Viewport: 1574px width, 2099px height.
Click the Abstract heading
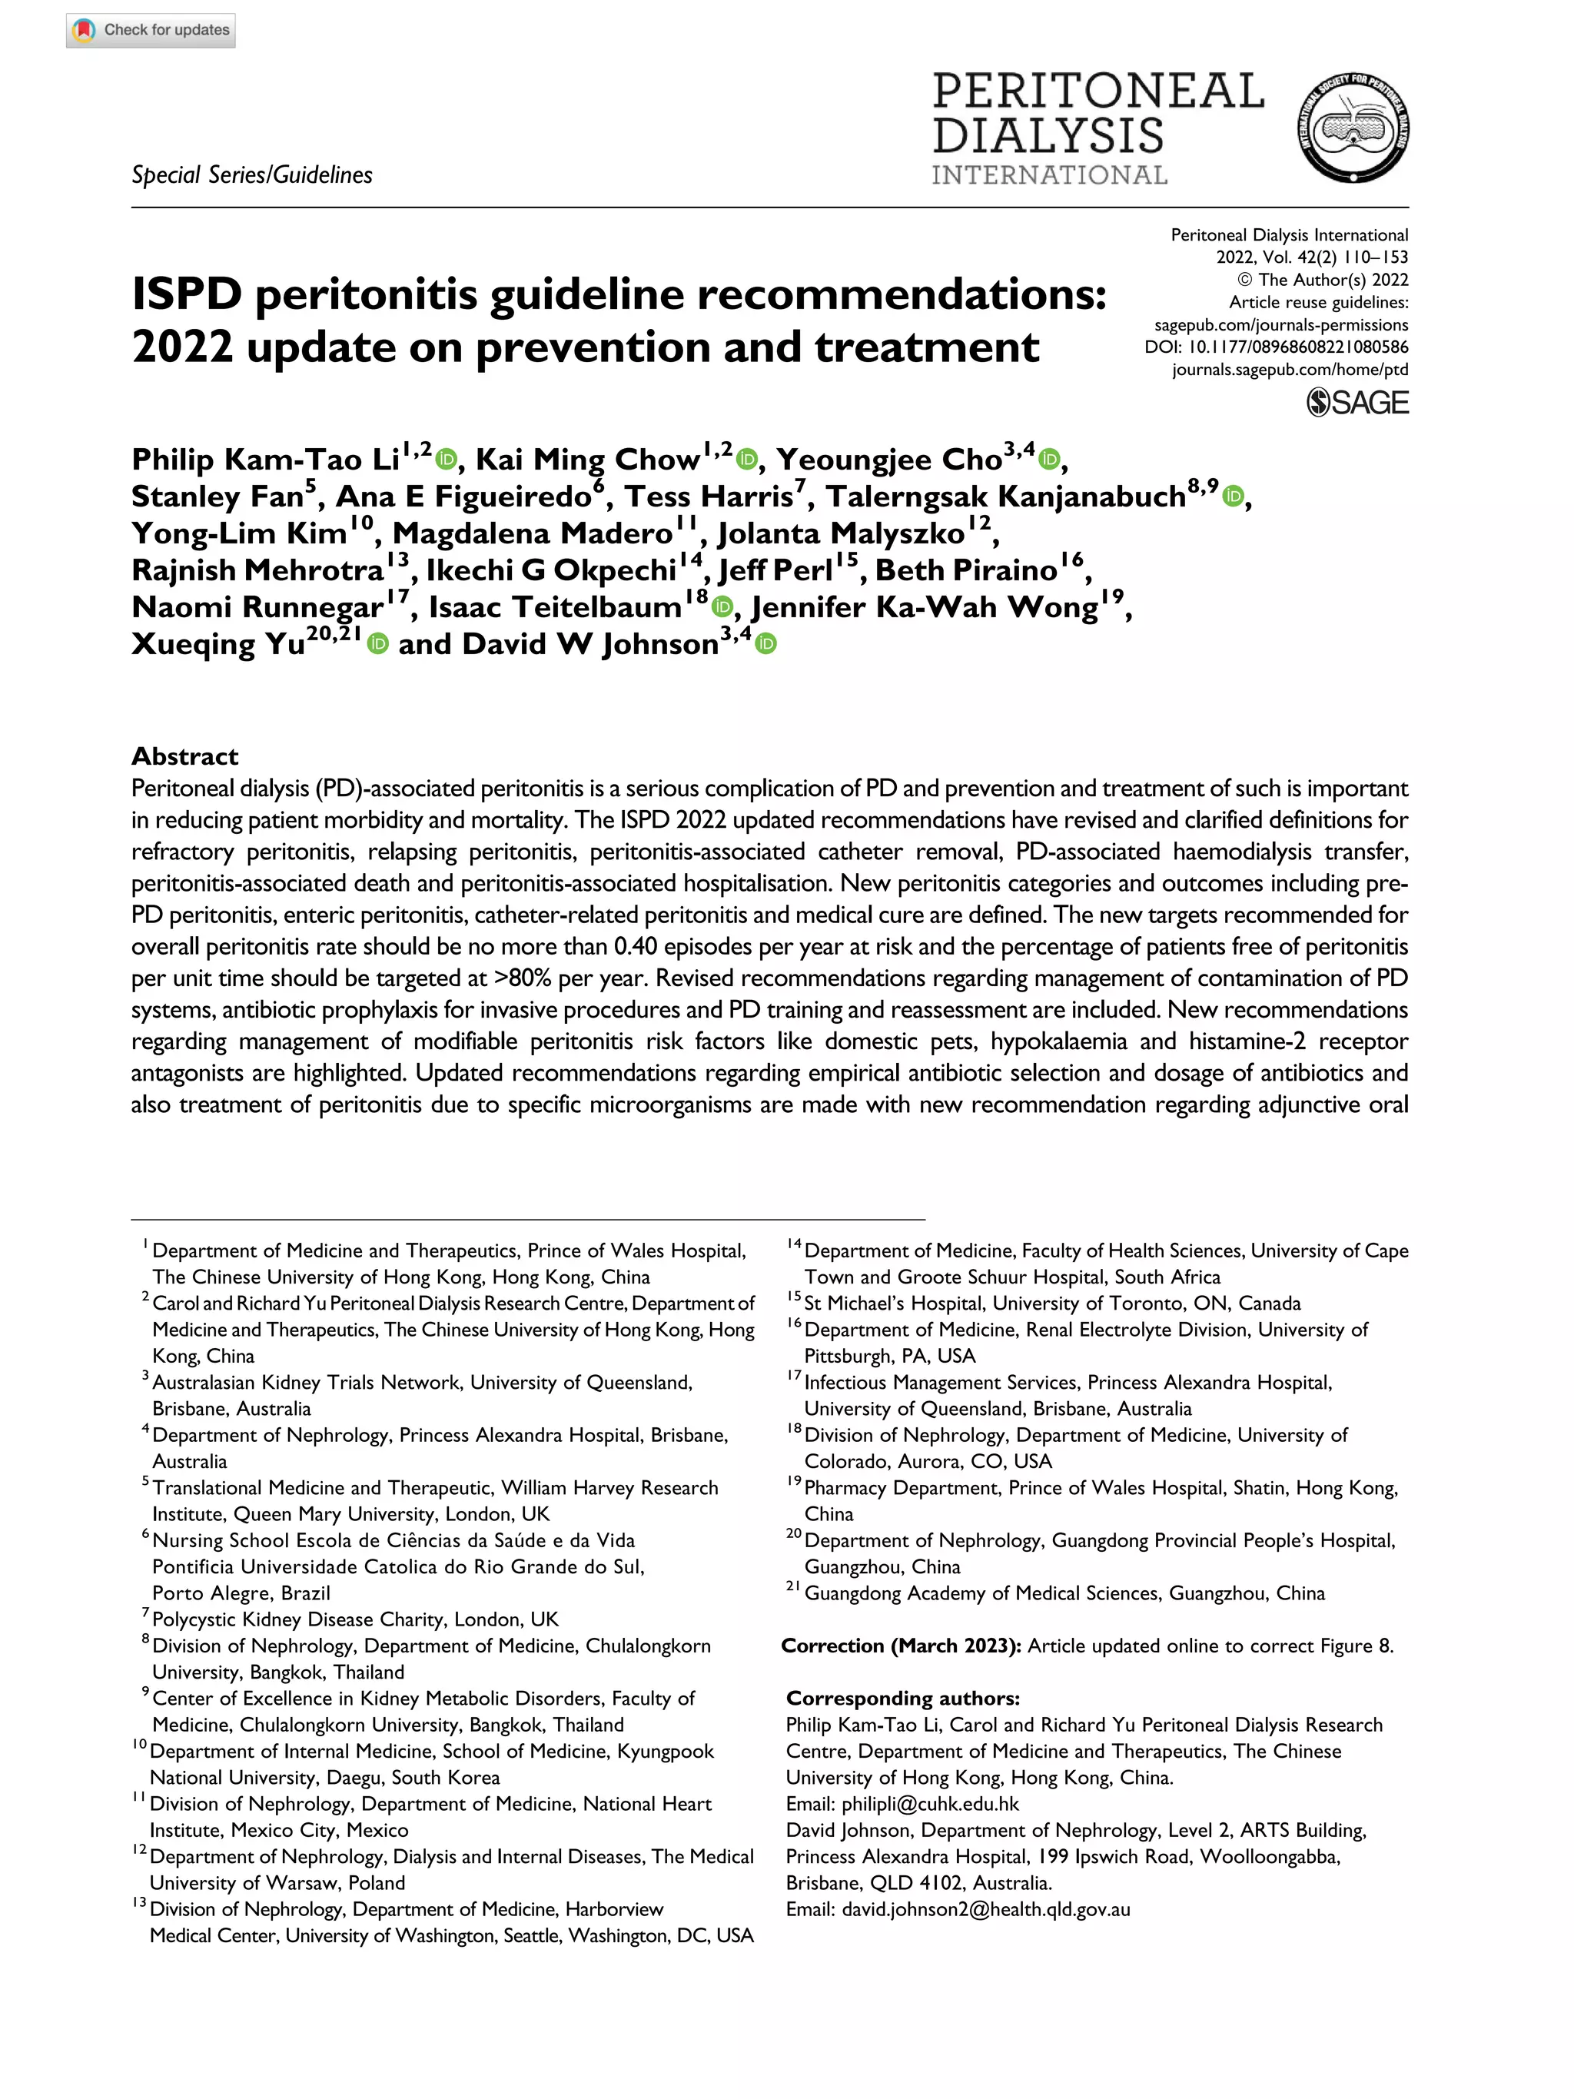tap(185, 756)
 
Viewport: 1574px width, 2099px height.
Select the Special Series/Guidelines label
tap(251, 175)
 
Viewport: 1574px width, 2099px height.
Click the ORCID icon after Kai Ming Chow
tap(747, 460)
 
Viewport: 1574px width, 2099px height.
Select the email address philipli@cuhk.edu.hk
tap(930, 1804)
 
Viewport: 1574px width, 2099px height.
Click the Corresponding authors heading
tap(902, 1699)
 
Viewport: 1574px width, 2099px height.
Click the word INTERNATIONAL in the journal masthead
tap(1048, 175)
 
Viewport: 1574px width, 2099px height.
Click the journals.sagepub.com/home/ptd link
tap(1290, 370)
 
